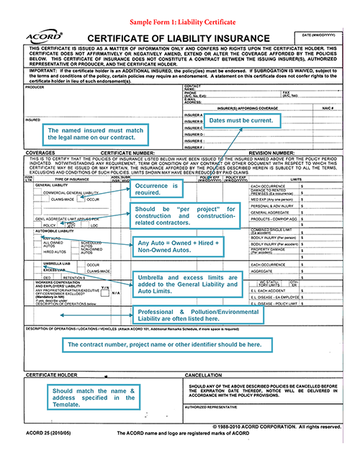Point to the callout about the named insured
tap(91, 135)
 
